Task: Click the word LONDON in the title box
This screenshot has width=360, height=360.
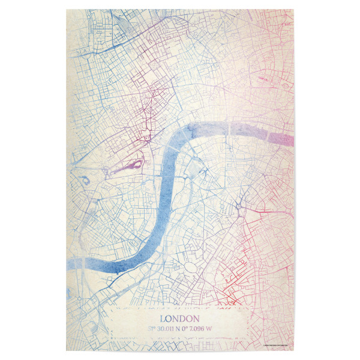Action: tap(180, 319)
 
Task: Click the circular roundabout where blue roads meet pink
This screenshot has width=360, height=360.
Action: tap(239, 207)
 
